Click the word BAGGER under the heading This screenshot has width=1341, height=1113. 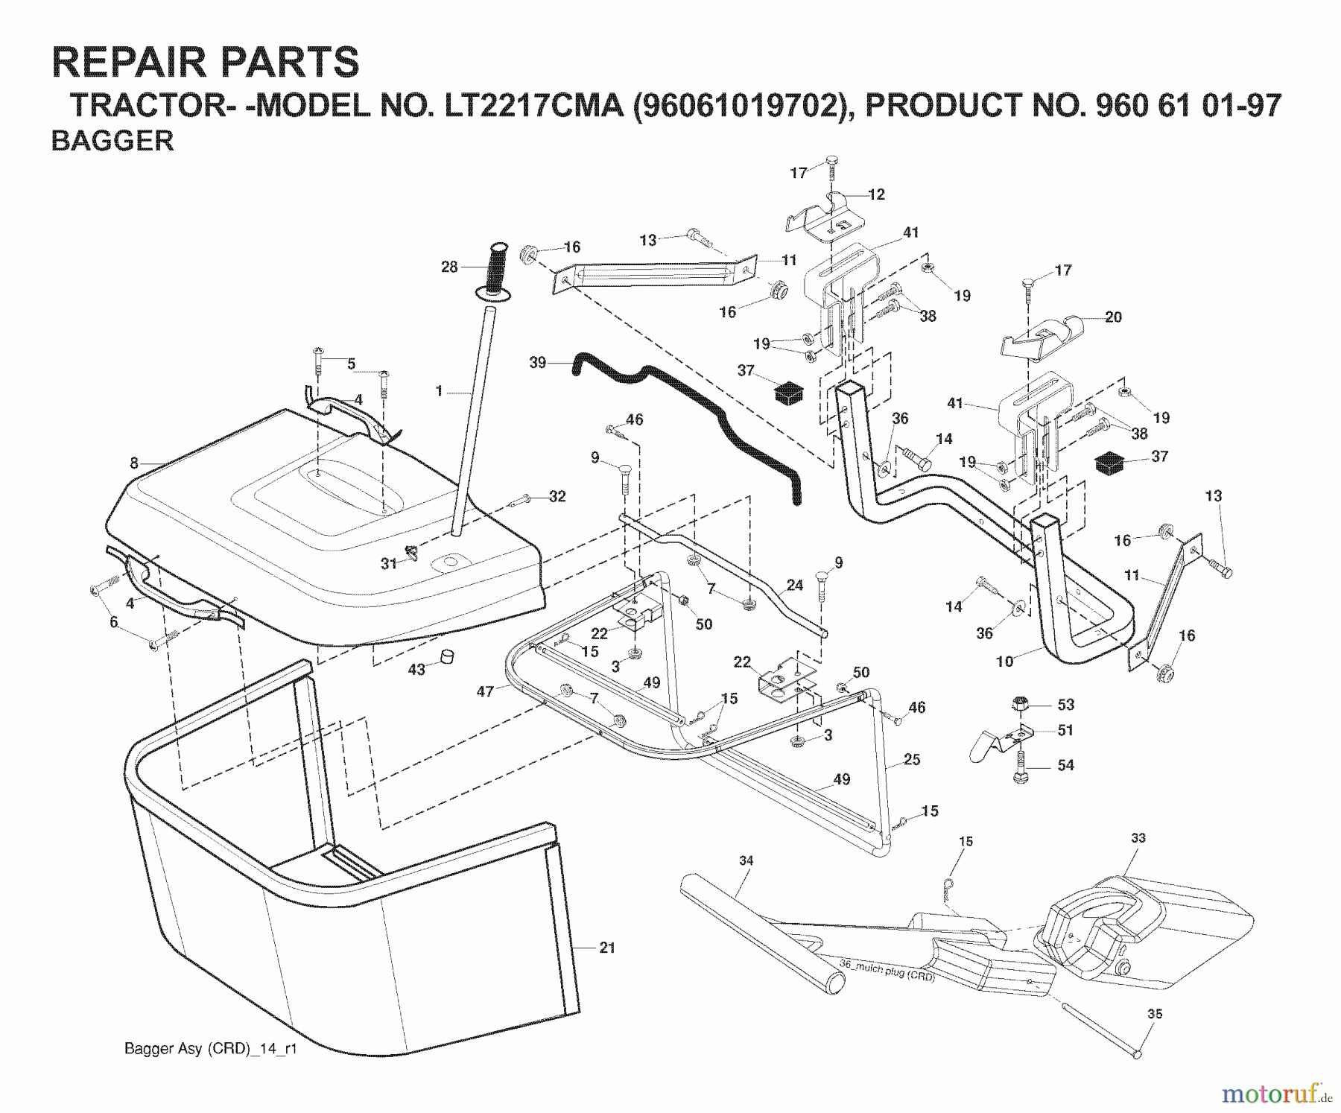point(112,141)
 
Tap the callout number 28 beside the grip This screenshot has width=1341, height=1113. point(449,266)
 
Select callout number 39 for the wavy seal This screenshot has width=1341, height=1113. point(538,363)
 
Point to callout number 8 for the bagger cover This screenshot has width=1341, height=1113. point(134,463)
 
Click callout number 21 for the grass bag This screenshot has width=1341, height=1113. point(607,948)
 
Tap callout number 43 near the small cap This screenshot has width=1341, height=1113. point(416,669)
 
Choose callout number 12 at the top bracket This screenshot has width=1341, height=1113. point(876,194)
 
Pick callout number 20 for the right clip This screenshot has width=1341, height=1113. point(1113,317)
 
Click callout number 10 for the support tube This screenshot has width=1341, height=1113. point(1005,661)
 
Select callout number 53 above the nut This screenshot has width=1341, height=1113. point(1066,705)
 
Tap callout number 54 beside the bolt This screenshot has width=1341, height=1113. point(1066,765)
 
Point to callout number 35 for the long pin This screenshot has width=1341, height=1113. point(1155,1013)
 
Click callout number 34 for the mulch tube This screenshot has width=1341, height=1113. point(746,860)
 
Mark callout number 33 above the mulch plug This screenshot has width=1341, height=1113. point(1138,838)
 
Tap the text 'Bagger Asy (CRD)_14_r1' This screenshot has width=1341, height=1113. point(211,1049)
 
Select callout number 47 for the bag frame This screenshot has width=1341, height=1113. point(485,692)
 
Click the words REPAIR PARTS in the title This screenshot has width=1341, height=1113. point(206,62)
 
